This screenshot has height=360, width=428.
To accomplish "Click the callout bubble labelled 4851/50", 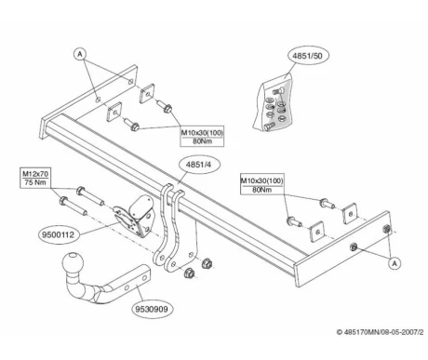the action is pyautogui.click(x=308, y=56).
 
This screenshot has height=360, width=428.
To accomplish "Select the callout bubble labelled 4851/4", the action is pyautogui.click(x=198, y=165).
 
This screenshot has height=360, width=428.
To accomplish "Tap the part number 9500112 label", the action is pyautogui.click(x=59, y=234).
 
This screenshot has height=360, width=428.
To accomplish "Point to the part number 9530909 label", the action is pyautogui.click(x=152, y=309).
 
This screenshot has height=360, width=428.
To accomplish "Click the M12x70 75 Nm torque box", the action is pyautogui.click(x=35, y=178).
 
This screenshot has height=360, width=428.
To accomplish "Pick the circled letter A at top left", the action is pyautogui.click(x=80, y=54).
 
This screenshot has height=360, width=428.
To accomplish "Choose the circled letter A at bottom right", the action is pyautogui.click(x=395, y=263).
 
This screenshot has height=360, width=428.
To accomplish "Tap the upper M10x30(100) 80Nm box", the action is pyautogui.click(x=202, y=137).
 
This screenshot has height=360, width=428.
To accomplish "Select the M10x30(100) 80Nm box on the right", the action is pyautogui.click(x=261, y=185).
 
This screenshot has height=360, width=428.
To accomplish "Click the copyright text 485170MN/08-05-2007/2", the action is pyautogui.click(x=380, y=332).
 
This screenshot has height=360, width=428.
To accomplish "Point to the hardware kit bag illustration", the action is pyautogui.click(x=274, y=103).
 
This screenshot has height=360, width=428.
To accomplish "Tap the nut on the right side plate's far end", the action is pyautogui.click(x=387, y=229).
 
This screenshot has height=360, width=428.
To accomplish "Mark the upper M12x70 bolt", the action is pyautogui.click(x=90, y=196).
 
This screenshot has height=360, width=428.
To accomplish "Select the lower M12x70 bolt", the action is pyautogui.click(x=73, y=206).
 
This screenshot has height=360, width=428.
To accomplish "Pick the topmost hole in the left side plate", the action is pyautogui.click(x=131, y=82).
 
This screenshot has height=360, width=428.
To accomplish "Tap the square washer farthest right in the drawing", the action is pyautogui.click(x=350, y=213).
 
